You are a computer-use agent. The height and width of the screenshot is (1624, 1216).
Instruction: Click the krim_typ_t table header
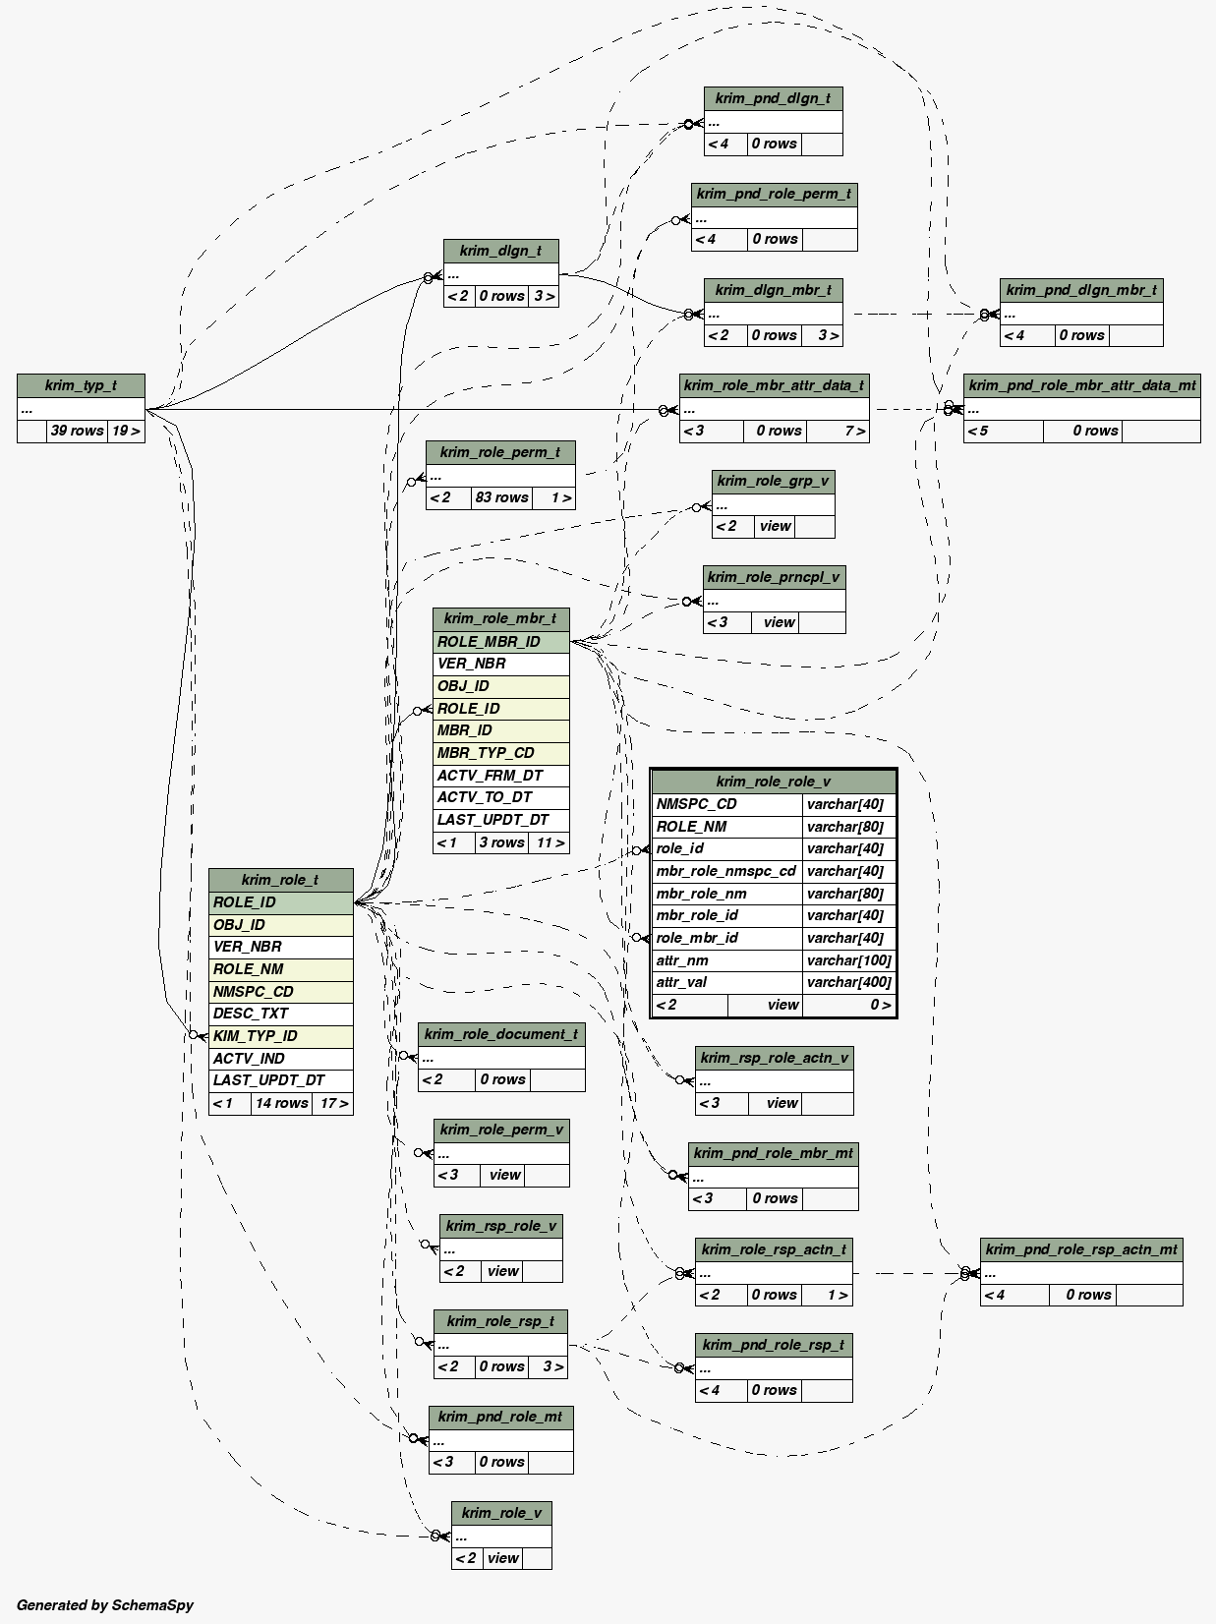coord(81,385)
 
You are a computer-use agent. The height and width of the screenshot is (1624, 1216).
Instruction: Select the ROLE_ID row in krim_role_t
coord(280,902)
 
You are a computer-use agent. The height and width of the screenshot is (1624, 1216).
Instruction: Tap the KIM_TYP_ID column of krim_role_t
coord(280,1036)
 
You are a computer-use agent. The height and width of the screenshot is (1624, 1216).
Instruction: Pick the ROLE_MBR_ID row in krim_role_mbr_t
coord(500,642)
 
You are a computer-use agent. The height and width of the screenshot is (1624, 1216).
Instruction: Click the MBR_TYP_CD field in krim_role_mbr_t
coord(500,753)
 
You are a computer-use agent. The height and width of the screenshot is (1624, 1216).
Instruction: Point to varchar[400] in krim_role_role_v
coord(848,982)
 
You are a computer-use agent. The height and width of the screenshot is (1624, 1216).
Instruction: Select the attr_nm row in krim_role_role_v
coord(726,960)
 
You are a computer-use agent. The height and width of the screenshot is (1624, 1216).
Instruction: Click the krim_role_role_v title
coord(773,782)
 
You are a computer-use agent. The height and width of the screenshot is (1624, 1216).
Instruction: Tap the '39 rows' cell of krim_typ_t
coord(77,431)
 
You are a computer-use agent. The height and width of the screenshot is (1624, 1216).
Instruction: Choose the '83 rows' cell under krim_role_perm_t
coord(501,497)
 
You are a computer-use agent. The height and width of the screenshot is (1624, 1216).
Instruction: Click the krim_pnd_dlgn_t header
coord(773,98)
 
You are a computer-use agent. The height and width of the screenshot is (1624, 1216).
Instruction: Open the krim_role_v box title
coord(501,1513)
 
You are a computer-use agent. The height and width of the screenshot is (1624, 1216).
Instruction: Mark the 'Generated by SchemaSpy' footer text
coord(105,1605)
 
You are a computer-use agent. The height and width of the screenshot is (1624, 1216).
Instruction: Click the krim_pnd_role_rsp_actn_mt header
coord(1080,1249)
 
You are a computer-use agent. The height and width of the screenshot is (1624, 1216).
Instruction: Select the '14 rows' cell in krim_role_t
coord(281,1103)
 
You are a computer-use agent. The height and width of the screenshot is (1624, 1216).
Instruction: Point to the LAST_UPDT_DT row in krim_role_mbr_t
coord(500,820)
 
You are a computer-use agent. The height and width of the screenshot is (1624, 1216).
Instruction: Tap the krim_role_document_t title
coord(501,1034)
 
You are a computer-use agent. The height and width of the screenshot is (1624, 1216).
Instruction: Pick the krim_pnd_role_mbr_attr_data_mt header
coord(1081,385)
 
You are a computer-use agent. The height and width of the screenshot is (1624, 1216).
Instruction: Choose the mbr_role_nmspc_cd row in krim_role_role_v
coord(726,871)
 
